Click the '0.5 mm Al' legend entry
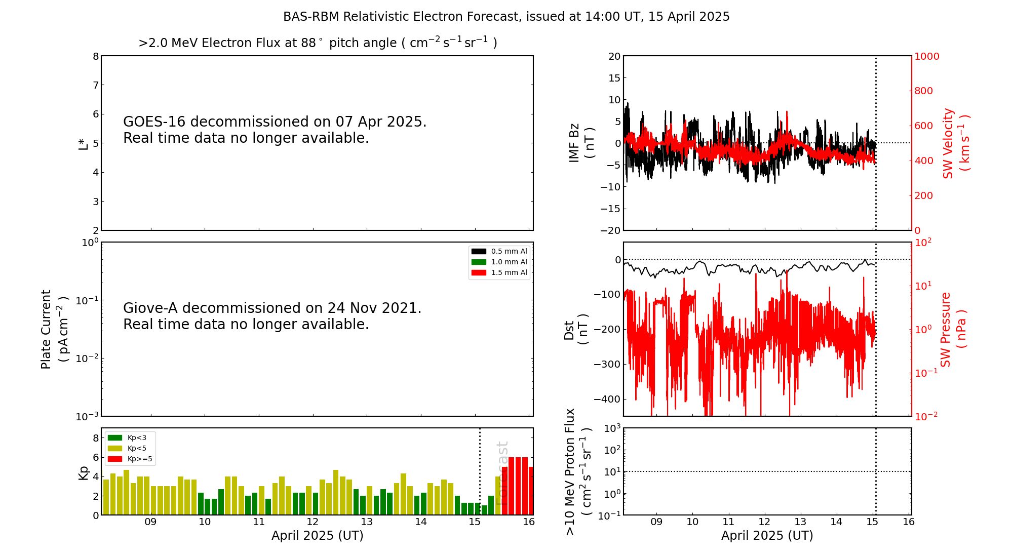[x=509, y=251]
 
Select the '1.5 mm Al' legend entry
[x=509, y=272]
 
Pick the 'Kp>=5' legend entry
[x=140, y=459]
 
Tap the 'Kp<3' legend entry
[x=137, y=437]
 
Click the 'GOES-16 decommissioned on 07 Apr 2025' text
[x=275, y=122]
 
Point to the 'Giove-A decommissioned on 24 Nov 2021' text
[x=272, y=308]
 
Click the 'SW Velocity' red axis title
[x=948, y=143]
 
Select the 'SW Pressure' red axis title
[x=946, y=329]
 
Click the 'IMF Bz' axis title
[x=574, y=143]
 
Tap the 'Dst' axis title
[x=569, y=330]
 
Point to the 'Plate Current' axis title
[x=46, y=329]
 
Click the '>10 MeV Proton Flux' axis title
[x=570, y=471]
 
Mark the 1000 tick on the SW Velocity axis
[x=926, y=56]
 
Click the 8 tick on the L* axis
[x=96, y=56]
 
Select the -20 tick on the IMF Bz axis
[x=610, y=230]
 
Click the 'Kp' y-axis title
[x=83, y=472]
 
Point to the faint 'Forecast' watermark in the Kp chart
[x=501, y=472]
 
